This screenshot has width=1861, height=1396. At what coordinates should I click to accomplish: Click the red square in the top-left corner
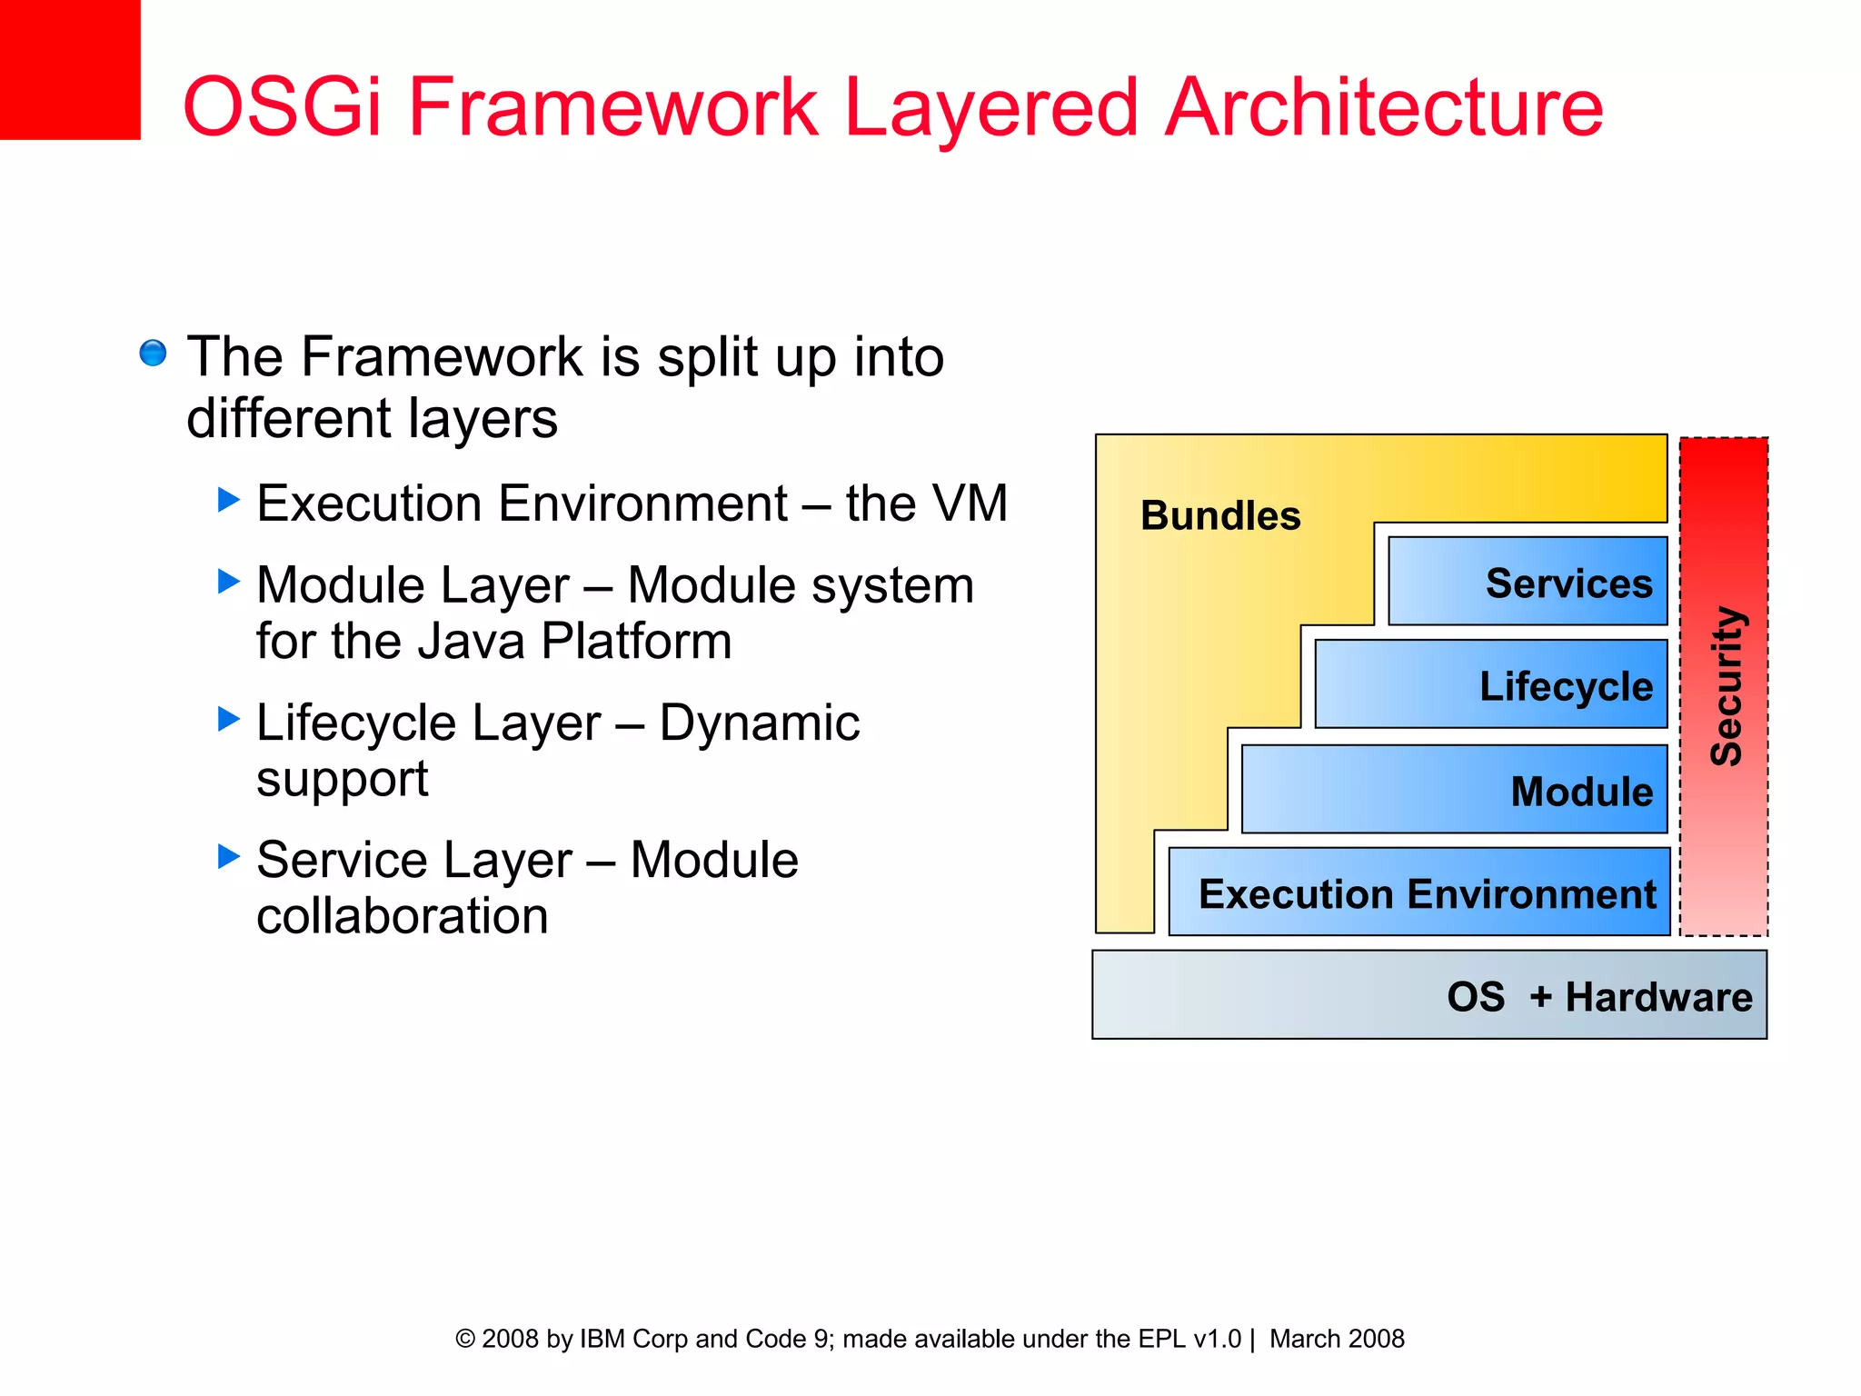click(69, 69)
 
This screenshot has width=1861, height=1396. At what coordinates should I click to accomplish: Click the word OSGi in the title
click(282, 107)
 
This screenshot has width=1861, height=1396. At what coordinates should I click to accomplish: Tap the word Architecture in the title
click(1383, 107)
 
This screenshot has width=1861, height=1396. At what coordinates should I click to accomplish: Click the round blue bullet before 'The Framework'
click(153, 353)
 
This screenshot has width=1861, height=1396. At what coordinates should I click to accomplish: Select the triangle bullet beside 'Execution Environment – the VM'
click(229, 499)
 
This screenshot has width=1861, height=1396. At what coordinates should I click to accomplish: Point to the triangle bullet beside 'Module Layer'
click(229, 581)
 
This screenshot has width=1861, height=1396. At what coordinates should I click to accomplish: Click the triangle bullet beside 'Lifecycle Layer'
click(229, 719)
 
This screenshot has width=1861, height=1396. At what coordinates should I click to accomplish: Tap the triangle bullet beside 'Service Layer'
click(229, 855)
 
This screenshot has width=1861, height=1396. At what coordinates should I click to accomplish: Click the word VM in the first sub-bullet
click(971, 504)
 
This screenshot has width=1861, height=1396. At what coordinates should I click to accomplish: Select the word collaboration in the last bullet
click(403, 916)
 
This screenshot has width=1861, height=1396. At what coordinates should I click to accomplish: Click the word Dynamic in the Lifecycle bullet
click(759, 723)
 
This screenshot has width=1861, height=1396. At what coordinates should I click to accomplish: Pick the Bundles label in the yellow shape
click(1220, 515)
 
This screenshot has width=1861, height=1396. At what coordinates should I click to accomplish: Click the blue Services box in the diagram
click(1528, 582)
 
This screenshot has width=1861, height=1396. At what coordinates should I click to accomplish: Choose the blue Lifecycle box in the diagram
click(1490, 684)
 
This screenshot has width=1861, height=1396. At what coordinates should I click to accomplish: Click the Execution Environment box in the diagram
click(1419, 892)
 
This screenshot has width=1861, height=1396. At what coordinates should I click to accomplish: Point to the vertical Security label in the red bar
click(1725, 686)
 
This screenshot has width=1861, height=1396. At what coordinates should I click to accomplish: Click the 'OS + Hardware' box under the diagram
click(1429, 995)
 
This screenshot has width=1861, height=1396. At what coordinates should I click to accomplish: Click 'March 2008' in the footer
click(1337, 1339)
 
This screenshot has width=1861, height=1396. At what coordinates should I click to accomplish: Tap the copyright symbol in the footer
click(465, 1339)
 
